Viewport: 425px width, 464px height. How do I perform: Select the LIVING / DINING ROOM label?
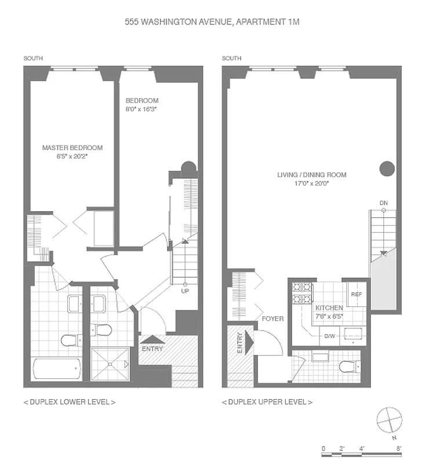pos(311,175)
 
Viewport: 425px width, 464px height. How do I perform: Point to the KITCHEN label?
pos(329,307)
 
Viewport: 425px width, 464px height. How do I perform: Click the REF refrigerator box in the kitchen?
pos(356,294)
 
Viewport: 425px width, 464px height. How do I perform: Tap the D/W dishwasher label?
pos(329,336)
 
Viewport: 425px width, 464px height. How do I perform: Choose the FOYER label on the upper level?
pos(273,318)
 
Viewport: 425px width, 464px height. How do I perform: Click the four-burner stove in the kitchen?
pos(302,293)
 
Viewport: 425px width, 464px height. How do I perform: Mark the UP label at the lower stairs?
pos(184,291)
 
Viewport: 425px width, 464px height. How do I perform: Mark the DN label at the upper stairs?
pos(383,202)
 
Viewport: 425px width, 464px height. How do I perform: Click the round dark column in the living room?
pos(387,169)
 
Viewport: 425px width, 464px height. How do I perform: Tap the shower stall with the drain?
pos(110,364)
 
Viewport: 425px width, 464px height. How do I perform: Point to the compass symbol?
pos(388,420)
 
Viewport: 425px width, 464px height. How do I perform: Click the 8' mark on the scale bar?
pos(399,448)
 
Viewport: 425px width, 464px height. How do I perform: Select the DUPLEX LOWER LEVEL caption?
pos(69,402)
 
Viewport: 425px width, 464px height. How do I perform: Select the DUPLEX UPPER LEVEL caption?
pos(267,402)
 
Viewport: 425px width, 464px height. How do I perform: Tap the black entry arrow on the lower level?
pos(152,340)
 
